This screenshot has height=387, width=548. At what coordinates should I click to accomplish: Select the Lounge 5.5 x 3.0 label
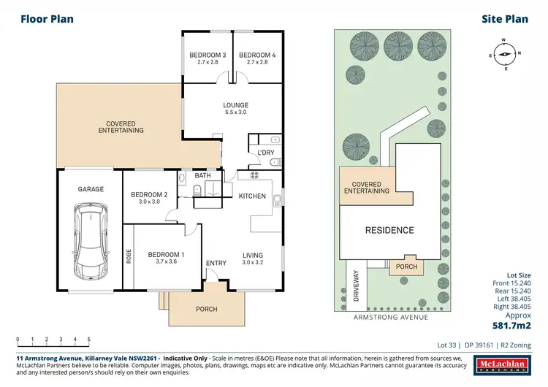[x=235, y=109]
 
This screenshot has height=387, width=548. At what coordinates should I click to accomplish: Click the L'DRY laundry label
[x=265, y=153]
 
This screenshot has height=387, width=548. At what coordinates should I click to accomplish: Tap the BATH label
[x=202, y=176]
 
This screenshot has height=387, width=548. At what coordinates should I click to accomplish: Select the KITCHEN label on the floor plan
[x=253, y=196]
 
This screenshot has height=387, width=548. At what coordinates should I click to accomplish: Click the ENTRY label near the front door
[x=216, y=263]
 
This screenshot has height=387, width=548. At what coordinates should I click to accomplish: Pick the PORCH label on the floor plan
[x=207, y=309]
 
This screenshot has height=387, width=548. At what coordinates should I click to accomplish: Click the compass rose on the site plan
[x=504, y=53]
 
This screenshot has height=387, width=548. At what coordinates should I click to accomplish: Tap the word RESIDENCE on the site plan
[x=389, y=230]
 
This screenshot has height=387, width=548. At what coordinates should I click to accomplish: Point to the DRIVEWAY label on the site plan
[x=357, y=284]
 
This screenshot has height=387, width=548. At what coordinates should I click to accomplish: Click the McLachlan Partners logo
[x=506, y=366]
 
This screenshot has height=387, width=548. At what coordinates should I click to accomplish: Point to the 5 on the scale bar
[x=88, y=340]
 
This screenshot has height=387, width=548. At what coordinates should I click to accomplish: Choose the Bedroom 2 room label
[x=149, y=197]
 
